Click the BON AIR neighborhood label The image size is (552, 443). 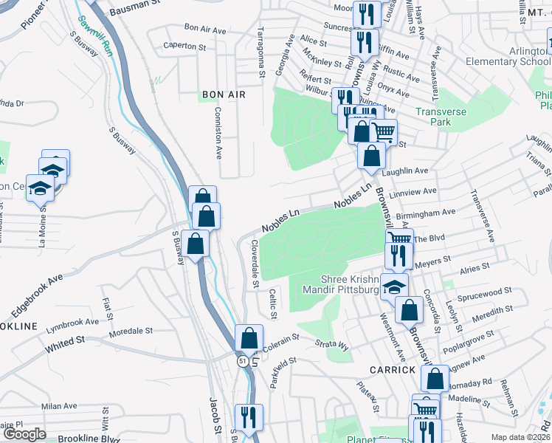click(222, 95)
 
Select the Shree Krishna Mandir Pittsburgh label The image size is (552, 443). click(341, 284)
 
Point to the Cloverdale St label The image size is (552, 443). click(255, 263)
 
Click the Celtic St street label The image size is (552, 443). click(273, 305)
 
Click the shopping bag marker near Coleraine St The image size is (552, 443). click(249, 339)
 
